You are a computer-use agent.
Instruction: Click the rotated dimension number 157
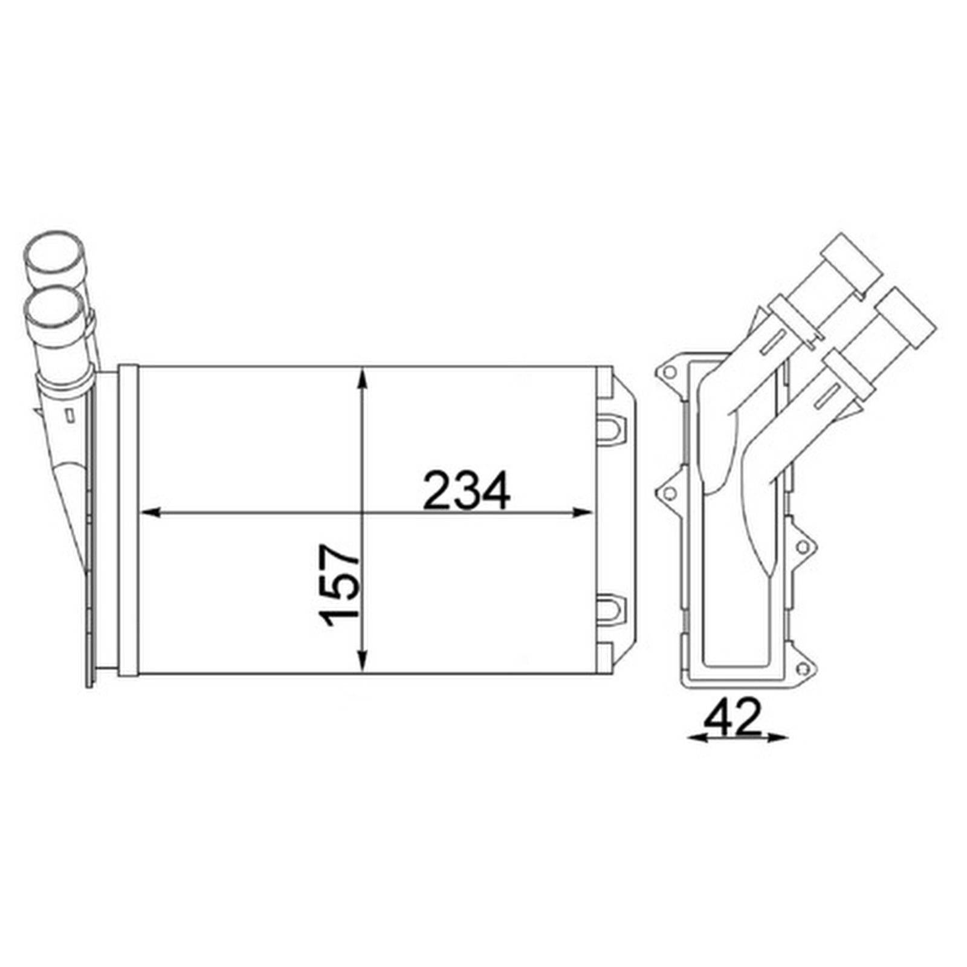click(x=340, y=586)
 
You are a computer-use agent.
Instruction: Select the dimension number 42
click(x=733, y=717)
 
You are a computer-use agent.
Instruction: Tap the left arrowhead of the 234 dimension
click(x=149, y=513)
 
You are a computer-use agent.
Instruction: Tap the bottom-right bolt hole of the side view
click(x=803, y=668)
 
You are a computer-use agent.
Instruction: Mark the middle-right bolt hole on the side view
click(x=803, y=547)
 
